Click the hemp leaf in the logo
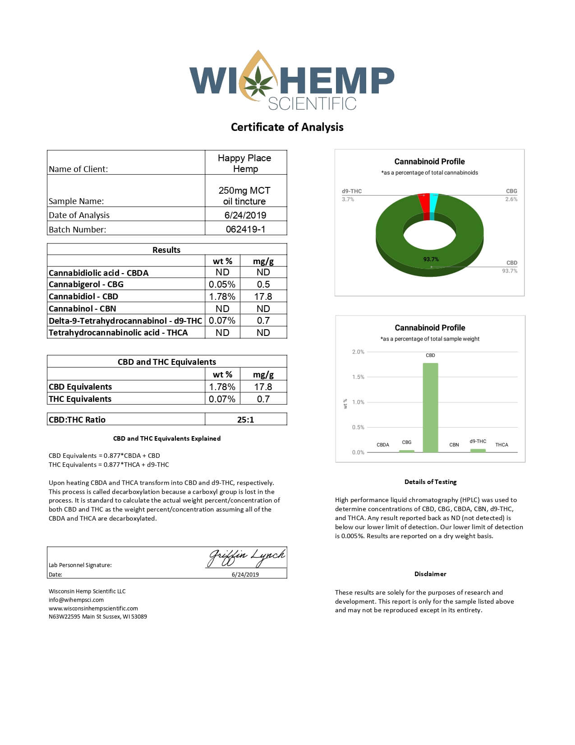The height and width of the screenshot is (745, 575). (258, 81)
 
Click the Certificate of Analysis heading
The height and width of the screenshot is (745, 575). (287, 127)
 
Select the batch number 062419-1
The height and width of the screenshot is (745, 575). (245, 229)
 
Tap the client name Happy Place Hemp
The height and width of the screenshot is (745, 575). (245, 163)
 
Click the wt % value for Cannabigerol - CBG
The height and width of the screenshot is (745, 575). (222, 284)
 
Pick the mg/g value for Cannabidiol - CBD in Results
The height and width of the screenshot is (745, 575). (263, 297)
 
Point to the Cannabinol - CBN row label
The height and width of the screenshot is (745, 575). (83, 309)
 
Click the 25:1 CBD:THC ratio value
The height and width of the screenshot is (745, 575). (245, 420)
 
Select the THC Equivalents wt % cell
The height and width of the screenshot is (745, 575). (222, 399)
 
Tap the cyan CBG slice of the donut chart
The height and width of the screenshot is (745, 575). (433, 203)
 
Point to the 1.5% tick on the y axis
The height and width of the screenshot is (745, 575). (358, 377)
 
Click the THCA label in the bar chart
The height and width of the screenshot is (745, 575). (501, 445)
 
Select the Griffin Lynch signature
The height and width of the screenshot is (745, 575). (246, 558)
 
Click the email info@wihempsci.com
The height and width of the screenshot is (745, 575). (76, 600)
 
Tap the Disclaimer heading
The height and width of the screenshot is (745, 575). (430, 574)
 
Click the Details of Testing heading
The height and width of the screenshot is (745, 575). (430, 482)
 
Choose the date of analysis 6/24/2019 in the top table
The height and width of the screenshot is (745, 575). (245, 215)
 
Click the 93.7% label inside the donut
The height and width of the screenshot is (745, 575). (431, 260)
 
